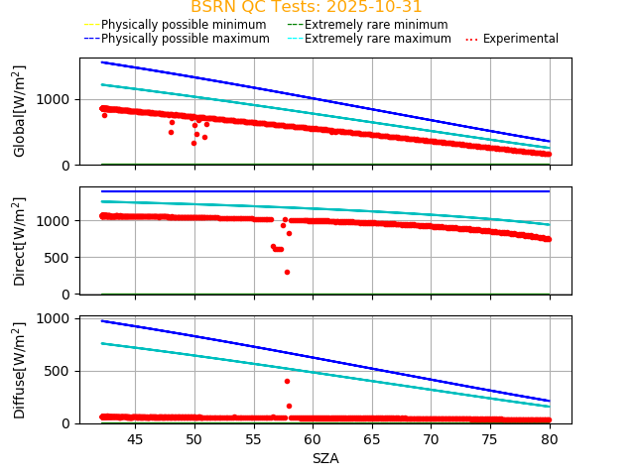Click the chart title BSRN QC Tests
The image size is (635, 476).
307,7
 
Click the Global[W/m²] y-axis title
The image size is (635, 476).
20,111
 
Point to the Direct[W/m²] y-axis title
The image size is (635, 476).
20,241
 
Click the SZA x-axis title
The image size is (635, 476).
325,458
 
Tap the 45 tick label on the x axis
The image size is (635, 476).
135,439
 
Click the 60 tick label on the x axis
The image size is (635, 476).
314,439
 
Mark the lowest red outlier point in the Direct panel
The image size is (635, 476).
287,272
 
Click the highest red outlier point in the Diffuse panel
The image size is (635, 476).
287,381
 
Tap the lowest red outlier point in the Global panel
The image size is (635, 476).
193,143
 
